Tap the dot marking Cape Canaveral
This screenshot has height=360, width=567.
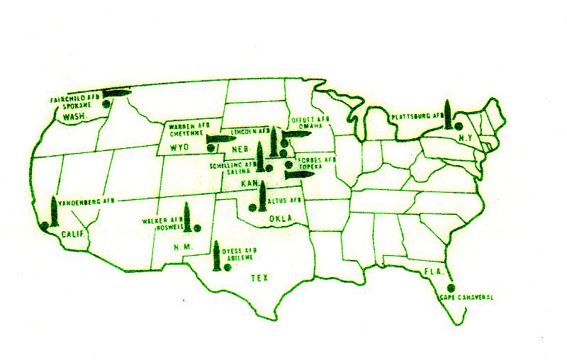tap(451, 288)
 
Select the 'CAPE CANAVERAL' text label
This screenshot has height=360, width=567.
tap(466, 298)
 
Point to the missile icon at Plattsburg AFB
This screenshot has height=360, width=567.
tap(449, 115)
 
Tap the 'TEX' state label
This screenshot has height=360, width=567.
tap(260, 279)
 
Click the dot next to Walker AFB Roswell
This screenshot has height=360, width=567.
tap(198, 227)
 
